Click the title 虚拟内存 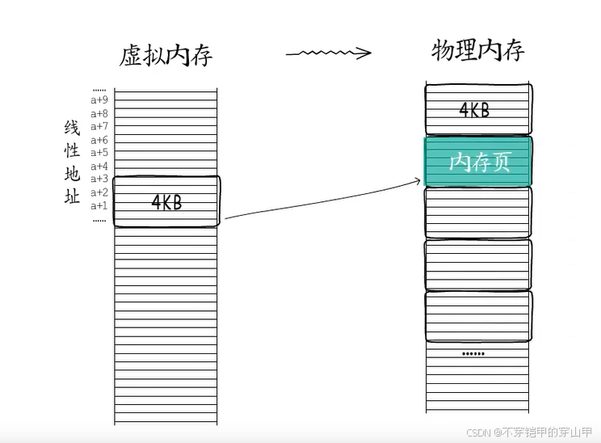166,54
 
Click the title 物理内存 478,50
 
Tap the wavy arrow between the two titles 328,53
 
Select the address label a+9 99,100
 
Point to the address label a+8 99,113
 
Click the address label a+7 99,126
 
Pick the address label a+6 99,140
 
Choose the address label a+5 99,153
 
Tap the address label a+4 99,167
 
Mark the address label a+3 99,179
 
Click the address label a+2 99,192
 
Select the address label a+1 99,205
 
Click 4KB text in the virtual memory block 167,202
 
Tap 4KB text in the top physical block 475,111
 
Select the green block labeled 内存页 478,162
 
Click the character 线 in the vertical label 72,129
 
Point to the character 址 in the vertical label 72,196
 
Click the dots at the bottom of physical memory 473,354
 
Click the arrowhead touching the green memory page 418,183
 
